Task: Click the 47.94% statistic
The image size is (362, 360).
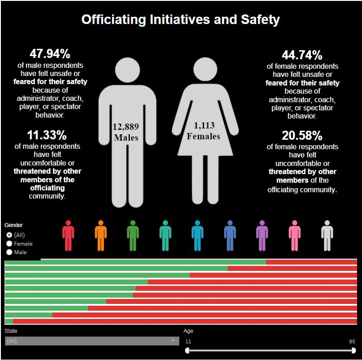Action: click(x=50, y=54)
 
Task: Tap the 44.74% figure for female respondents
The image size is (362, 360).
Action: click(x=302, y=55)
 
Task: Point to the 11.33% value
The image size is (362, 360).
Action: click(x=47, y=135)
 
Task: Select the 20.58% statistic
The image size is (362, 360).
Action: click(x=302, y=135)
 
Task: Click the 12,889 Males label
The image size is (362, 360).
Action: click(x=126, y=132)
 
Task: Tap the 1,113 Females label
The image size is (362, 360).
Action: click(x=203, y=131)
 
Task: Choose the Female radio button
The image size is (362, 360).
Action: click(x=9, y=244)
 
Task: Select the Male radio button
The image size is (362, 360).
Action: click(x=9, y=252)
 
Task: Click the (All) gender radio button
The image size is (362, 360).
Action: click(x=9, y=235)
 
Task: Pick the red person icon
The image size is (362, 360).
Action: click(x=68, y=236)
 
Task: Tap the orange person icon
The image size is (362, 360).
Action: click(x=101, y=236)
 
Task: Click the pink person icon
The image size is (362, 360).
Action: click(x=295, y=236)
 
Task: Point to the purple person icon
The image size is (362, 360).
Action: click(x=262, y=236)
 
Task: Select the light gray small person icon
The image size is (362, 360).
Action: click(x=327, y=236)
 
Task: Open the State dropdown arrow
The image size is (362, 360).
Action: click(x=173, y=341)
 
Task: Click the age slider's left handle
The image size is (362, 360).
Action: click(x=187, y=351)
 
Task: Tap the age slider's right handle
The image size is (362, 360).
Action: click(x=353, y=351)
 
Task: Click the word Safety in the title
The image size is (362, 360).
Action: click(x=260, y=19)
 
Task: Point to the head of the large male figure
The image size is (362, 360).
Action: click(x=127, y=70)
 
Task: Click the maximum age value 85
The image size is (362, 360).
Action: click(x=352, y=341)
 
